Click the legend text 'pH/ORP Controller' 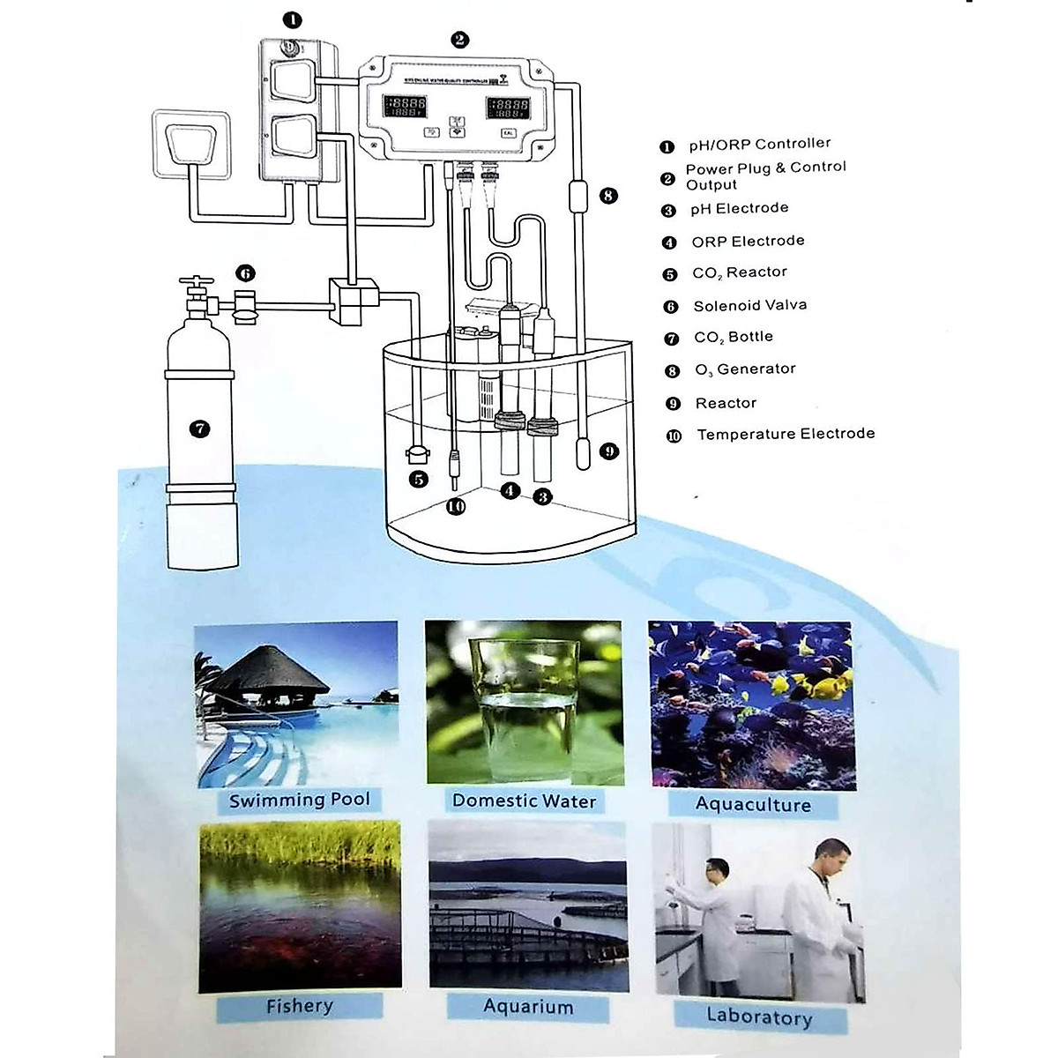(x=759, y=144)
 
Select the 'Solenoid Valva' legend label (x=749, y=306)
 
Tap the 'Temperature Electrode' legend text (x=786, y=434)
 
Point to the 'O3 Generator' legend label (x=745, y=369)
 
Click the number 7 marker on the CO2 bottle (x=200, y=429)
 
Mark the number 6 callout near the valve (x=246, y=273)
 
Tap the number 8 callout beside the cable (x=608, y=196)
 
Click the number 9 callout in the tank (x=608, y=452)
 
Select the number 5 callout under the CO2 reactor (x=418, y=480)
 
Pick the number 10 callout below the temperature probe (x=455, y=507)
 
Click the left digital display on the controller (x=405, y=108)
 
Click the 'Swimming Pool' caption (x=299, y=801)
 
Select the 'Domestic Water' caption (x=524, y=801)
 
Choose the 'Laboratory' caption (x=758, y=1017)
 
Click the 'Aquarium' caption (x=527, y=1006)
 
